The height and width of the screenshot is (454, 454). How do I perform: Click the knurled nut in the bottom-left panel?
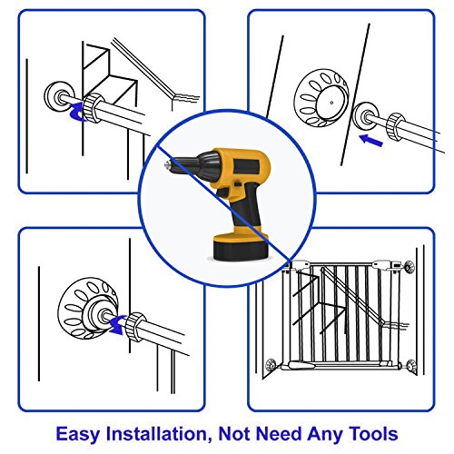[x=137, y=324]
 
